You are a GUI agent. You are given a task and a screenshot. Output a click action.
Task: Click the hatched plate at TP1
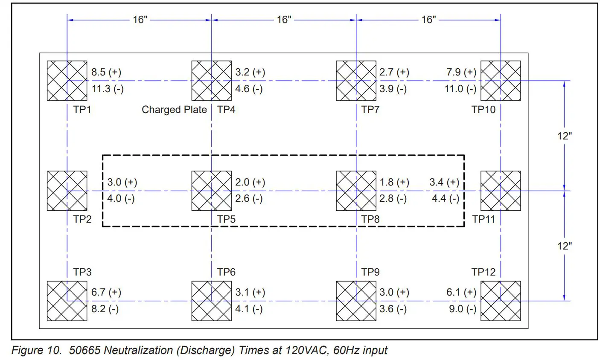[x=67, y=81]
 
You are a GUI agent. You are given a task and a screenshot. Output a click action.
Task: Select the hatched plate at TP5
[x=212, y=191]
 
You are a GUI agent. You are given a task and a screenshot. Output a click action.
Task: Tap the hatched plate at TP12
[x=501, y=301]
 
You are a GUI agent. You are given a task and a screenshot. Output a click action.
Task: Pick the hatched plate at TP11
[x=501, y=191]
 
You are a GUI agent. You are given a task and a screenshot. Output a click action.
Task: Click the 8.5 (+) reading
[x=106, y=72]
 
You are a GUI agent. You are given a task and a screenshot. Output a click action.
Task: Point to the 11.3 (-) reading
[x=108, y=89]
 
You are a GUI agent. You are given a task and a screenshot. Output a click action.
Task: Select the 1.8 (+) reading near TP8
[x=394, y=182]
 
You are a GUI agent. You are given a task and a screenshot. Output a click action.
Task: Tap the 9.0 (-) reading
[x=463, y=309]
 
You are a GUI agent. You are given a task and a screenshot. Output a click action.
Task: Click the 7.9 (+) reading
[x=461, y=72]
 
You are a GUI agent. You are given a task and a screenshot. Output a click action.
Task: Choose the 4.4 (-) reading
[x=446, y=198]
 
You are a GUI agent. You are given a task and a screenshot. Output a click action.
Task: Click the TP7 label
[x=370, y=110]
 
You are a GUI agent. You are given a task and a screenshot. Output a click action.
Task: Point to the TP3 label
[x=82, y=272]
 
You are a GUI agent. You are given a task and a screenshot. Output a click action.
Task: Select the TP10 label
[x=483, y=110]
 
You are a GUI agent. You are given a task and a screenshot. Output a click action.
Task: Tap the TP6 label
[x=226, y=272]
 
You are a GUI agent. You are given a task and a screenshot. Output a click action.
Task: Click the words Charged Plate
[x=174, y=110]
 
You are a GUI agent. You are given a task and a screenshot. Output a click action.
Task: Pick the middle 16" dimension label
[x=284, y=20]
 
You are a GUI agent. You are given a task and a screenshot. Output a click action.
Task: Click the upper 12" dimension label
[x=564, y=136]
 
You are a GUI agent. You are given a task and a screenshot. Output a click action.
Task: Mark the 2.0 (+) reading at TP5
[x=250, y=182]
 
